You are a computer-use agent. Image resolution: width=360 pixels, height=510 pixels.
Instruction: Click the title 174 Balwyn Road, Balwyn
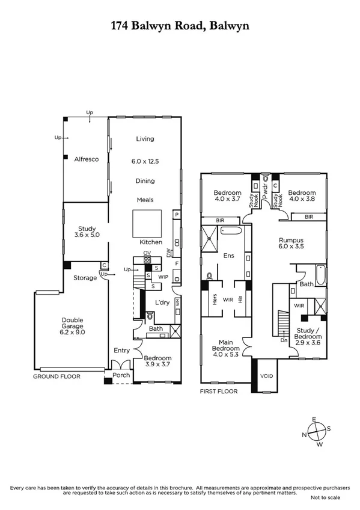[x=180, y=26]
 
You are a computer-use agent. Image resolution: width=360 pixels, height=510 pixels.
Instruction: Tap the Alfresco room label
[x=86, y=159]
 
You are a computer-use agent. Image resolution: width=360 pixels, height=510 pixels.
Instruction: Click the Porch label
[x=119, y=376]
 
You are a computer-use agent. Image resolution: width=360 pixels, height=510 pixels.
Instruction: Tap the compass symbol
[x=319, y=428]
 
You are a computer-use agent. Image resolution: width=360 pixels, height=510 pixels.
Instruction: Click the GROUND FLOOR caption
[x=57, y=376]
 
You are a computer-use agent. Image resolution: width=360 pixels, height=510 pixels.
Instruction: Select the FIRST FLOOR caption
[x=219, y=391]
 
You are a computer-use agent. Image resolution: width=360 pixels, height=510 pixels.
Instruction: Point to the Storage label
[x=85, y=278]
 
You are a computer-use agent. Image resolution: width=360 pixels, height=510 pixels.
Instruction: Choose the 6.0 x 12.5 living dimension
[x=145, y=162]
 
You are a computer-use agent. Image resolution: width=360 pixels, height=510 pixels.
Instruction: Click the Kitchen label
[x=151, y=242]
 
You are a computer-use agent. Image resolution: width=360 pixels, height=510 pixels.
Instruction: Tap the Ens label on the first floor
[x=228, y=256]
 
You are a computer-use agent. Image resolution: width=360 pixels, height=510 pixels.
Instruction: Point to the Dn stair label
[x=285, y=340]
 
